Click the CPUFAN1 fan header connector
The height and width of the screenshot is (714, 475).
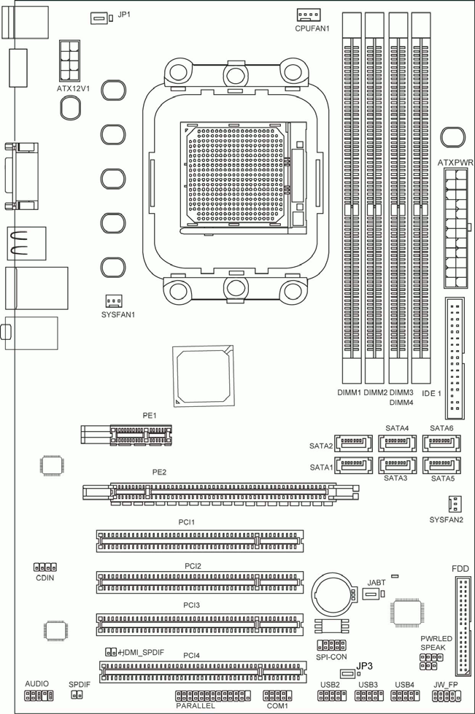coord(309,15)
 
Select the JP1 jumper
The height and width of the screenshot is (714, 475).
coord(101,19)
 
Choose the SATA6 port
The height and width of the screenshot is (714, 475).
coord(441,443)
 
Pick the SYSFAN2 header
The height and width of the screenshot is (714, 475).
coord(454,504)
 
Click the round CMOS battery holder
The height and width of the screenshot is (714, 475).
coord(333,594)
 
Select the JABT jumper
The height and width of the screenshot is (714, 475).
coord(374,594)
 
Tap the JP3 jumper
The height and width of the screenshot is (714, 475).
coord(350,674)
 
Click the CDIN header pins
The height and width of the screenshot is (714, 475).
coord(45,567)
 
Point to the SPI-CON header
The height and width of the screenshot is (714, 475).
coord(331,645)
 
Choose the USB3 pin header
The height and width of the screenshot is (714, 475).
coord(369,695)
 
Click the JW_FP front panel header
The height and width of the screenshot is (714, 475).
coord(447,695)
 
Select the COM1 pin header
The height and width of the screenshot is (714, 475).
coord(277,695)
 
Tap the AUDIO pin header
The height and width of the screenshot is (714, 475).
coord(39,695)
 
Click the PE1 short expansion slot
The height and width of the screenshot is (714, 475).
coord(126,435)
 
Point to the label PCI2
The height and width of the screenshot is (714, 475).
coord(193,566)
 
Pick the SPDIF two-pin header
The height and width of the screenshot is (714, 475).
coord(77,695)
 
